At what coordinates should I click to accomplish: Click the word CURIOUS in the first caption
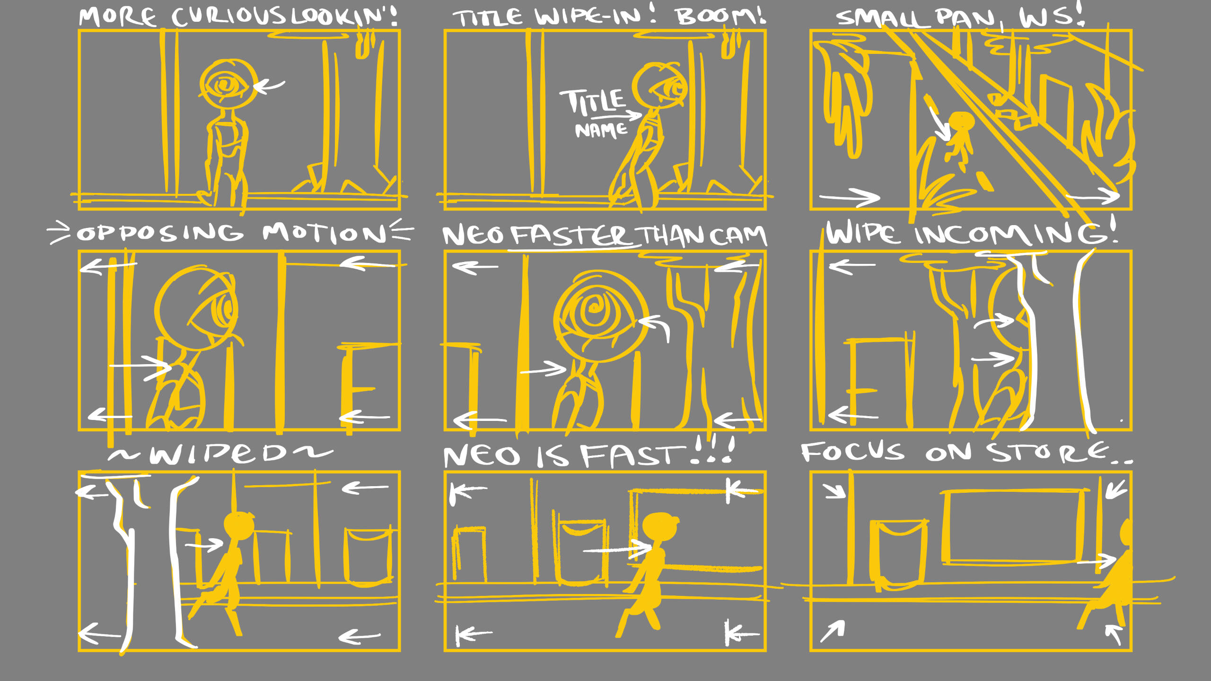tap(228, 17)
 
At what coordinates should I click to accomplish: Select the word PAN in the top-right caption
tap(965, 18)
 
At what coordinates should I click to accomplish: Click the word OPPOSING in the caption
tap(160, 233)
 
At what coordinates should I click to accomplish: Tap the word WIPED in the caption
tap(218, 454)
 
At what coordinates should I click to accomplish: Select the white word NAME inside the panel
tap(601, 130)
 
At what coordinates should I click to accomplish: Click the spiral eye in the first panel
tap(226, 86)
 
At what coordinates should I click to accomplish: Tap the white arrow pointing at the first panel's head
tap(269, 86)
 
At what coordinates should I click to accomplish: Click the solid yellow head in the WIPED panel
tap(238, 526)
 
